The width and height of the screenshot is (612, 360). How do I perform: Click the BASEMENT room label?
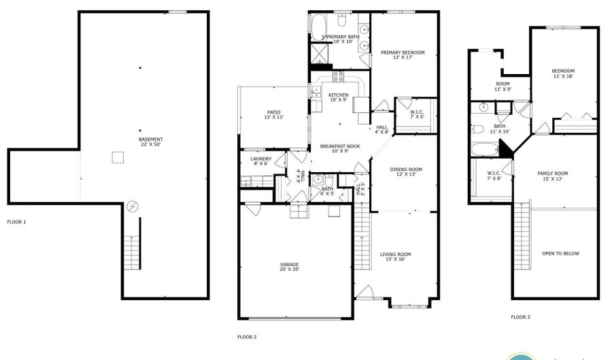tap(150, 140)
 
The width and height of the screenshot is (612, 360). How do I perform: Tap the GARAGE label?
tap(290, 265)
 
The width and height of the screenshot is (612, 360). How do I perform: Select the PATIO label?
tap(273, 113)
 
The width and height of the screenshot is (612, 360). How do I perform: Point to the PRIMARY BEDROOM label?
tap(403, 52)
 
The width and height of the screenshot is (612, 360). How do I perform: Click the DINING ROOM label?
tap(406, 169)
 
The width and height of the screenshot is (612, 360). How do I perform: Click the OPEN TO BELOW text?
tap(560, 253)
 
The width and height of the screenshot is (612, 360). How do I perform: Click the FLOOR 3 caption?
tap(520, 317)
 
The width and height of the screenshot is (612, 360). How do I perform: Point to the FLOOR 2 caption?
tap(246, 337)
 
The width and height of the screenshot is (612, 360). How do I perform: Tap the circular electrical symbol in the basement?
tap(133, 206)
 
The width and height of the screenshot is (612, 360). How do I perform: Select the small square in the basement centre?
tap(118, 158)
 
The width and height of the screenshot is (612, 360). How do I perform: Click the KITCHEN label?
tap(338, 95)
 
